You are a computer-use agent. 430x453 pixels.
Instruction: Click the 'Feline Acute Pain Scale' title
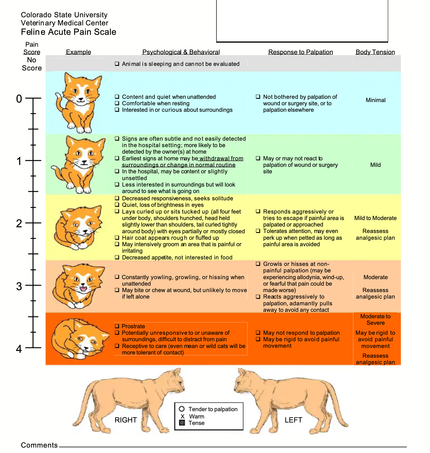69,32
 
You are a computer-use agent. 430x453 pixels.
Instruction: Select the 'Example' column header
79,52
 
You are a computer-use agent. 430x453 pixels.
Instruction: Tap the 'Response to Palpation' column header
301,52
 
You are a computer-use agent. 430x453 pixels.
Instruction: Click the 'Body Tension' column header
375,52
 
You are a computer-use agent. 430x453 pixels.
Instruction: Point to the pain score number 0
19,99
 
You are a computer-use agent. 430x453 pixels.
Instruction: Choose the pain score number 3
19,286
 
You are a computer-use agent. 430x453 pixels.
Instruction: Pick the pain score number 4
19,349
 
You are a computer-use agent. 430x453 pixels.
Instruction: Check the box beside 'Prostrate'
117,326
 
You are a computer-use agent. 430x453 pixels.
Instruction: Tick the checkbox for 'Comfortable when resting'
117,103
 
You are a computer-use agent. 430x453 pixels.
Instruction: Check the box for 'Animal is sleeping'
117,64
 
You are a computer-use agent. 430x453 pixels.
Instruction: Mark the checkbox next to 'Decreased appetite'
117,257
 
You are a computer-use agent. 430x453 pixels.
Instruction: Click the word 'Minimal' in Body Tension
376,100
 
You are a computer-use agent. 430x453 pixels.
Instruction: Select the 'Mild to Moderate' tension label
375,218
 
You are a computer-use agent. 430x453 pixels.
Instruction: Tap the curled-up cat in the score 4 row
80,339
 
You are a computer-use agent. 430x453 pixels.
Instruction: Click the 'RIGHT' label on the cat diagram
126,420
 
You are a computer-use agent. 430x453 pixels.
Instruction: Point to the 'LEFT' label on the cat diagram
293,420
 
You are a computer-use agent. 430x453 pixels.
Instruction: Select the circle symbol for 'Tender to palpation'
182,409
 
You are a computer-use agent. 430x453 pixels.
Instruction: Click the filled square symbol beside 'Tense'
182,423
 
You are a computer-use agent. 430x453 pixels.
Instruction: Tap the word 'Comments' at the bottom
39,445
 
